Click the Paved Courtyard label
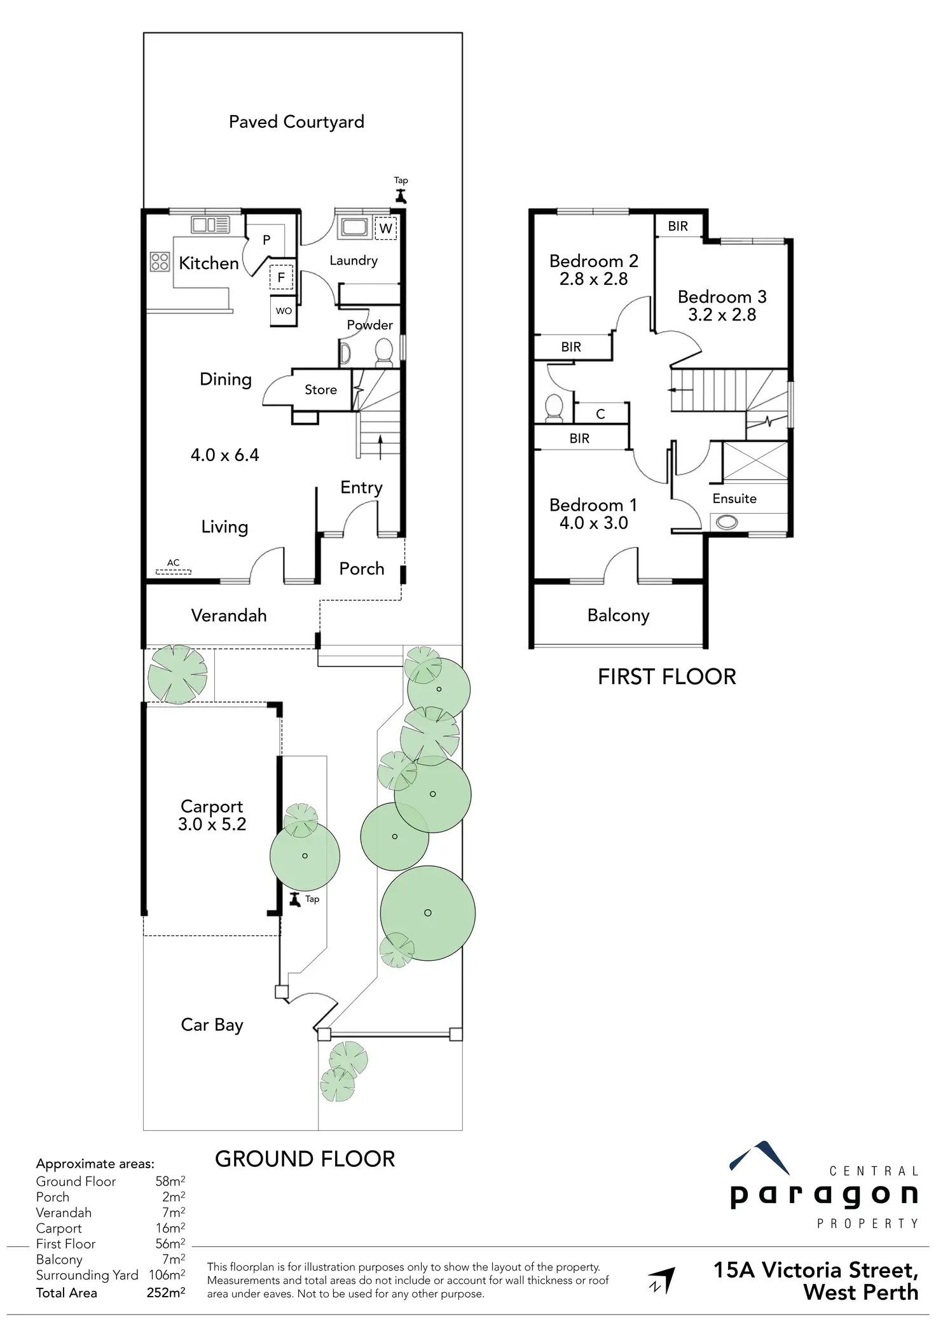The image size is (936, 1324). [x=296, y=121]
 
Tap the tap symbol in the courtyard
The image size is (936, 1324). [x=401, y=195]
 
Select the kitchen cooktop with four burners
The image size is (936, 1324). [x=160, y=261]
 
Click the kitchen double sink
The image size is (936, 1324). [x=210, y=224]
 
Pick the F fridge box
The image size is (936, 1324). [x=281, y=277]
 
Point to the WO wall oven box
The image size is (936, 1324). [x=284, y=311]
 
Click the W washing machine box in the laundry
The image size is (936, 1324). [x=385, y=228]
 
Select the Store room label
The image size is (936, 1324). [x=320, y=390]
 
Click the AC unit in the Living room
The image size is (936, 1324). [x=174, y=572]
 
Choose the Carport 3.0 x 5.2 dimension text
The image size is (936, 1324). [x=212, y=824]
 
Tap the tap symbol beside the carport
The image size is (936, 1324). [x=294, y=899]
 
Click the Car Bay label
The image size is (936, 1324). [x=212, y=1024]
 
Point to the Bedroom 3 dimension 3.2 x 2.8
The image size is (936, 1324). [x=722, y=315]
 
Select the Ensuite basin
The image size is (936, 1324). [x=727, y=523]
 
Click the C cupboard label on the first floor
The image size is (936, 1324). [x=600, y=414]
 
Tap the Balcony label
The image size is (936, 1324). [x=618, y=615]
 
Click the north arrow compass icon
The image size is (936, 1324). [x=661, y=1280]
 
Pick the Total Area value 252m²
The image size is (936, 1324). [x=165, y=1293]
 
